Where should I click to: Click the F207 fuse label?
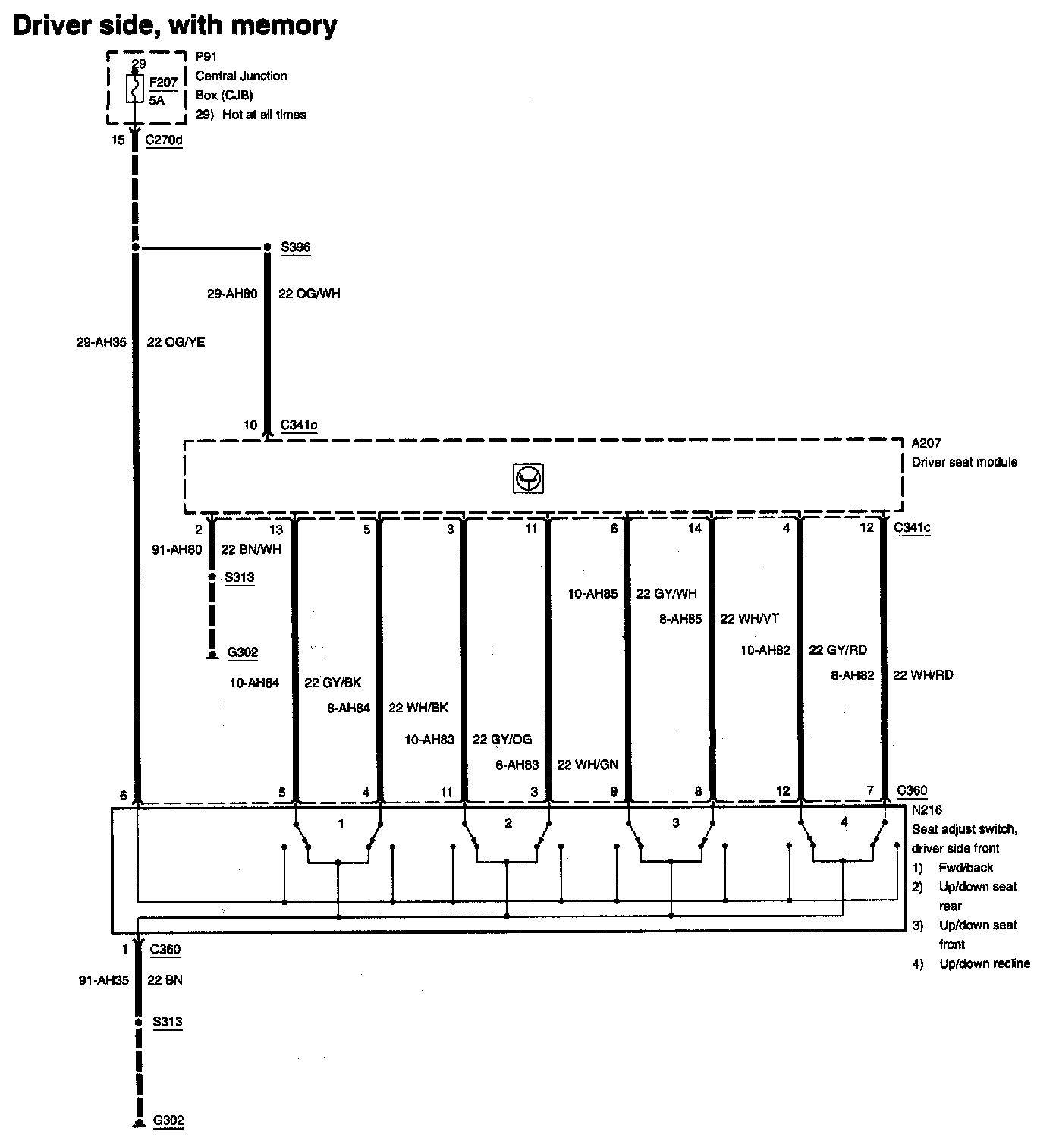tap(163, 83)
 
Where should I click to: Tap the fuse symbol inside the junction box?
tap(135, 89)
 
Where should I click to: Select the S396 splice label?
tap(295, 247)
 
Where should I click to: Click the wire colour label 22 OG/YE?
tap(176, 342)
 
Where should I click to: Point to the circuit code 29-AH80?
tap(232, 294)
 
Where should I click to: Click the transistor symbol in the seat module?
tap(528, 478)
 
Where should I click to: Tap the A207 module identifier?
tap(926, 443)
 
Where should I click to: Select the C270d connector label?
tap(163, 140)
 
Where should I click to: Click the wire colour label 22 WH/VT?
tap(750, 619)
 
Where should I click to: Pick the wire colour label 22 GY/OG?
tap(502, 740)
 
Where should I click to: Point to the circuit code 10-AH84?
tap(254, 683)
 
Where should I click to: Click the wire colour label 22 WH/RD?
tap(922, 675)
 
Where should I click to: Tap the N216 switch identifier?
tap(926, 810)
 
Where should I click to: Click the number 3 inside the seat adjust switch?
tap(676, 823)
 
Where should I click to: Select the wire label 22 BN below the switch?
tap(165, 980)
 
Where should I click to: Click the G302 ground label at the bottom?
tap(168, 1120)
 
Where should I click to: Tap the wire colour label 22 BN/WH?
tap(250, 549)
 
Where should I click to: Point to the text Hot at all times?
tap(264, 115)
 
